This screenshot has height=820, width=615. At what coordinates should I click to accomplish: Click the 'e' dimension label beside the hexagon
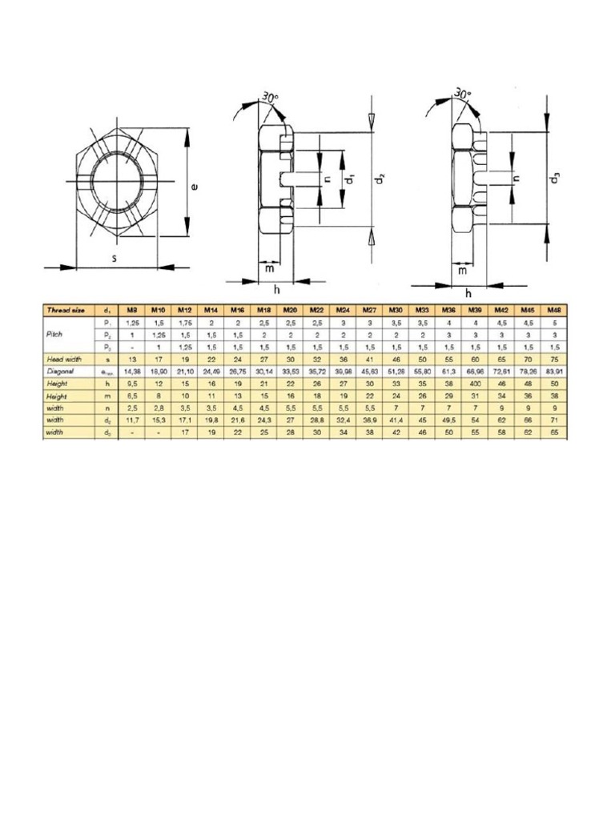pyautogui.click(x=194, y=187)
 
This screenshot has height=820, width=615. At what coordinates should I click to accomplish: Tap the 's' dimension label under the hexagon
pyautogui.click(x=117, y=259)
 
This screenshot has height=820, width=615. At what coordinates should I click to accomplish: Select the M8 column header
pyautogui.click(x=133, y=309)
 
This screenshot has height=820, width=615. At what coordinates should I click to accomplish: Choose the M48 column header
pyautogui.click(x=552, y=309)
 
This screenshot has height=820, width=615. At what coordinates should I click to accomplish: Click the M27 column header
pyautogui.click(x=369, y=309)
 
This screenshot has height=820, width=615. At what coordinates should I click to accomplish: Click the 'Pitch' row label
pyautogui.click(x=56, y=335)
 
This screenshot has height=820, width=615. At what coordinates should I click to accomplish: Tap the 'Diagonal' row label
pyautogui.click(x=60, y=372)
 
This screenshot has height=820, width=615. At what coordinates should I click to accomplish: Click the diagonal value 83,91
pyautogui.click(x=552, y=372)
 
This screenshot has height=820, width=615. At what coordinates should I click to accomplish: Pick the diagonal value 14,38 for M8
pyautogui.click(x=133, y=372)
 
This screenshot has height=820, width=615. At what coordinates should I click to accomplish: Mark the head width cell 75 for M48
pyautogui.click(x=552, y=360)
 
